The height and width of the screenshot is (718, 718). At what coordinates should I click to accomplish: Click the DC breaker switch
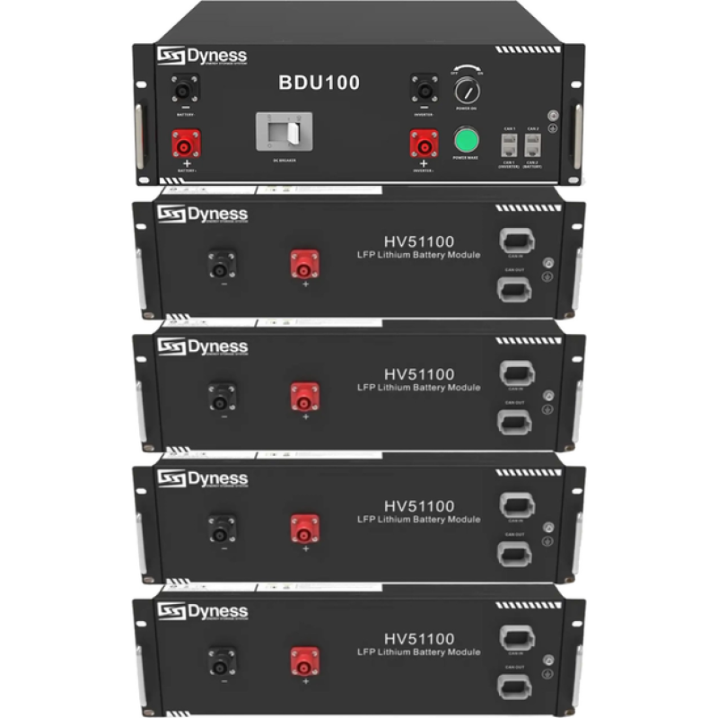tap(285, 132)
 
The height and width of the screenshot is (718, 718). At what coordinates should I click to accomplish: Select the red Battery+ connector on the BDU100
tap(187, 143)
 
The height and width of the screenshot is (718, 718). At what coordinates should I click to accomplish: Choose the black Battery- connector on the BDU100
tap(186, 88)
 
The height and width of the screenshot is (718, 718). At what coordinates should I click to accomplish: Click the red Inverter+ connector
tap(424, 144)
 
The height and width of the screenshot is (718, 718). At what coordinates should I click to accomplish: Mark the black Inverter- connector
tap(424, 88)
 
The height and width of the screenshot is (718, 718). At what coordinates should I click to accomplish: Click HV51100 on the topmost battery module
tap(419, 241)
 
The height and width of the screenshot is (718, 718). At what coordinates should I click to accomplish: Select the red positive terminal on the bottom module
tap(304, 662)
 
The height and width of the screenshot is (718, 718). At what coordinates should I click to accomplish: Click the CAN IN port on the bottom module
tap(515, 638)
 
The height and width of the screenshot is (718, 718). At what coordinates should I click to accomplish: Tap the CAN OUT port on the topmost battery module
tap(515, 288)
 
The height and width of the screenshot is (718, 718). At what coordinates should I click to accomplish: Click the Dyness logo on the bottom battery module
tap(202, 612)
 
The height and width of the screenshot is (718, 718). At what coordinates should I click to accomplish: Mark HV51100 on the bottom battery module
tap(419, 638)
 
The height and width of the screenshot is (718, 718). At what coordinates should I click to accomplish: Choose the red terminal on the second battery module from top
tap(304, 396)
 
